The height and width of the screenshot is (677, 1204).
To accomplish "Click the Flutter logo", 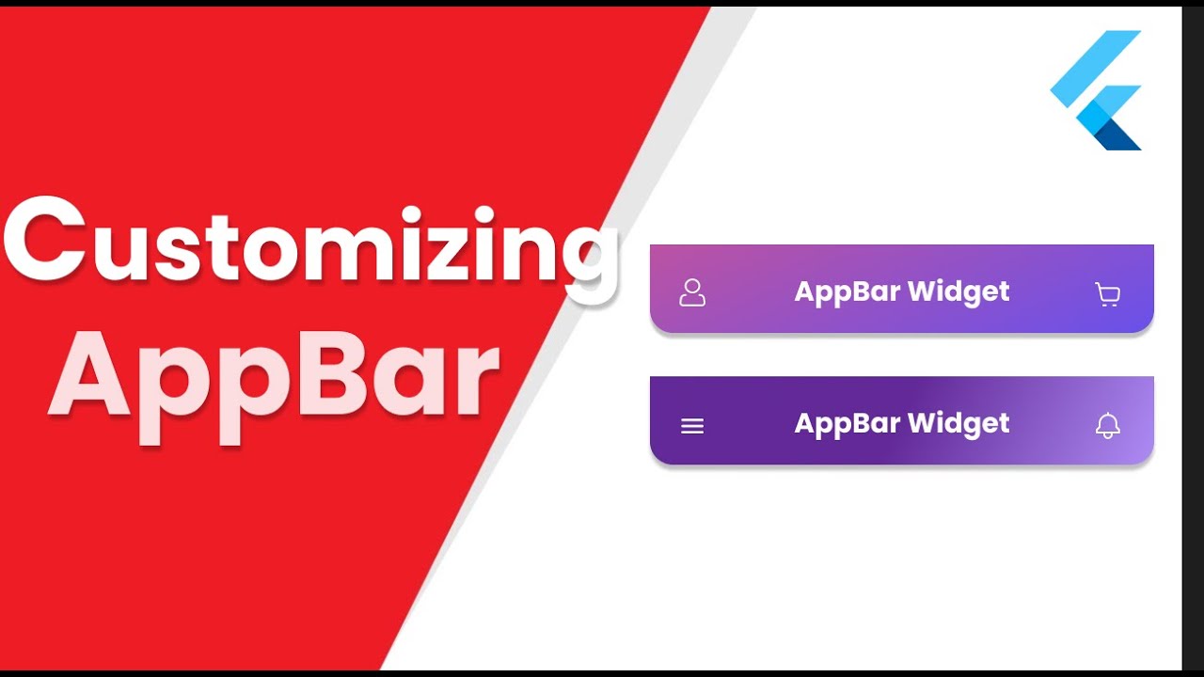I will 1097,90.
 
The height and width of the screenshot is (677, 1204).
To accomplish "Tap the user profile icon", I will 692,292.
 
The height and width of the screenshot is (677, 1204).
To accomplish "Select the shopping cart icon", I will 1108,294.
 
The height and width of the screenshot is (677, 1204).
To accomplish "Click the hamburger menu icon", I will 692,426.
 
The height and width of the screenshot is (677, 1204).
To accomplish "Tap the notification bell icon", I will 1108,426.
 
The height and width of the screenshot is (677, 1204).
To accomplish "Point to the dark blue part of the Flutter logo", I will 1119,136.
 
